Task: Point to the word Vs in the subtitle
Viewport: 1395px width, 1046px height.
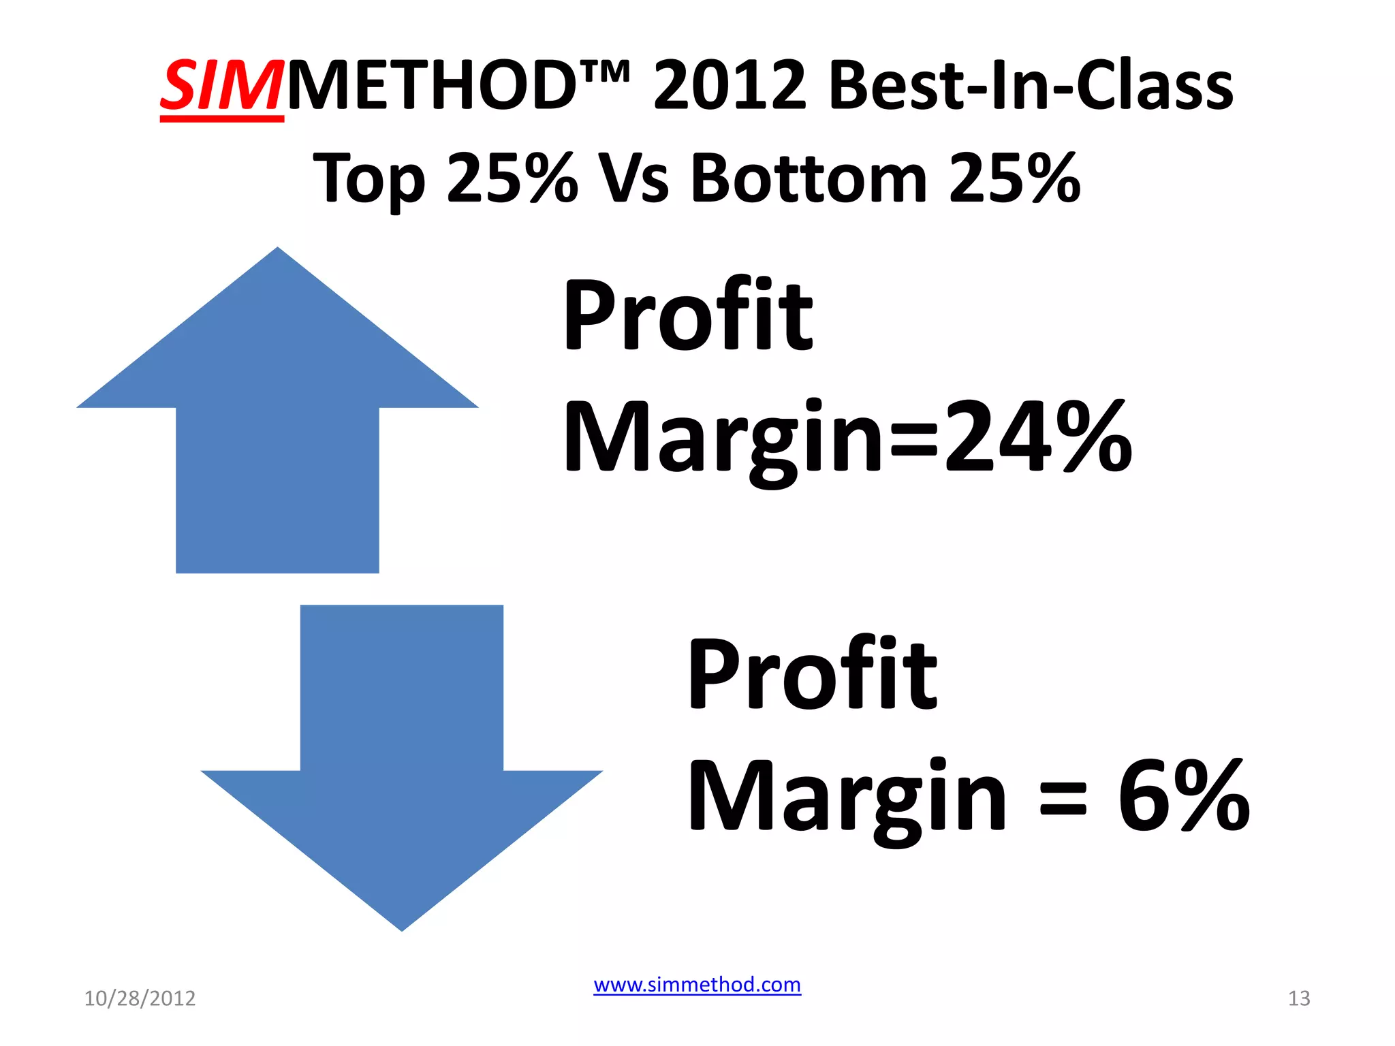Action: pyautogui.click(x=634, y=178)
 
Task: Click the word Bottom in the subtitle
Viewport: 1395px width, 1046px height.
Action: pyautogui.click(x=809, y=178)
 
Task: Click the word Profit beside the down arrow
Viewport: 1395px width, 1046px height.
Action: pyautogui.click(x=813, y=674)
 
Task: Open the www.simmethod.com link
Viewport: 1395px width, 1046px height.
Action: pyautogui.click(x=697, y=985)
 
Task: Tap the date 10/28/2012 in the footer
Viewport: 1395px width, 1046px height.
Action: pyautogui.click(x=140, y=998)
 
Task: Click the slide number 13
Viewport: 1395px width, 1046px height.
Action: pyautogui.click(x=1299, y=998)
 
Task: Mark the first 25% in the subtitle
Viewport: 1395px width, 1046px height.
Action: pyautogui.click(x=512, y=178)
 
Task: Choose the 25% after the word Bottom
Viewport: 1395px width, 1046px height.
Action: pyautogui.click(x=1014, y=178)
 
